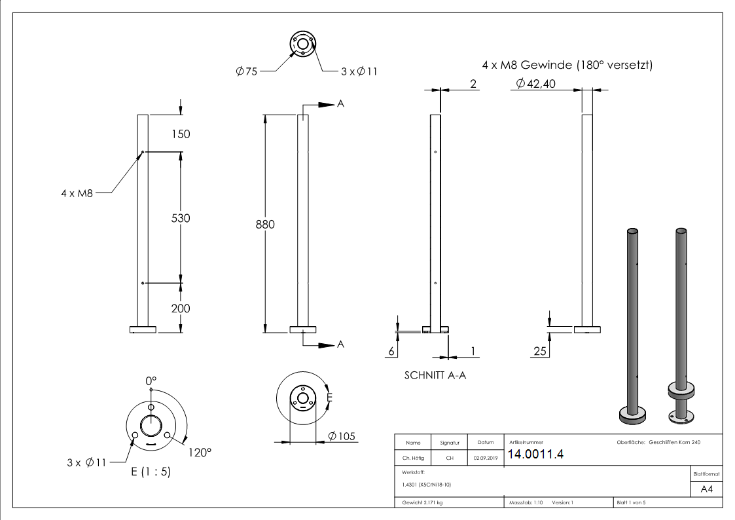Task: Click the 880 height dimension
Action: coord(265,225)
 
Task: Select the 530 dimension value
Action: coord(180,218)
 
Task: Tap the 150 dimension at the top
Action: coord(180,134)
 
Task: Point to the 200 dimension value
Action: coord(180,308)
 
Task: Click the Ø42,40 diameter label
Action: coord(535,84)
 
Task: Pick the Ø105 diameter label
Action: coord(342,436)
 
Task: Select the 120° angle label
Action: coord(200,452)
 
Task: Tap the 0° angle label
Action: coord(151,381)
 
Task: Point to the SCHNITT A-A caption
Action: coord(435,375)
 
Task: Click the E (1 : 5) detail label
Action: coord(151,471)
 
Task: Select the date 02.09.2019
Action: coord(485,458)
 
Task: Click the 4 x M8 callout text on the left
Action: coord(77,193)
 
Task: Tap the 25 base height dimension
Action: coord(540,352)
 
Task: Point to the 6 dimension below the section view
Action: coord(391,352)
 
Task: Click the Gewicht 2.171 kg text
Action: coord(422,503)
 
